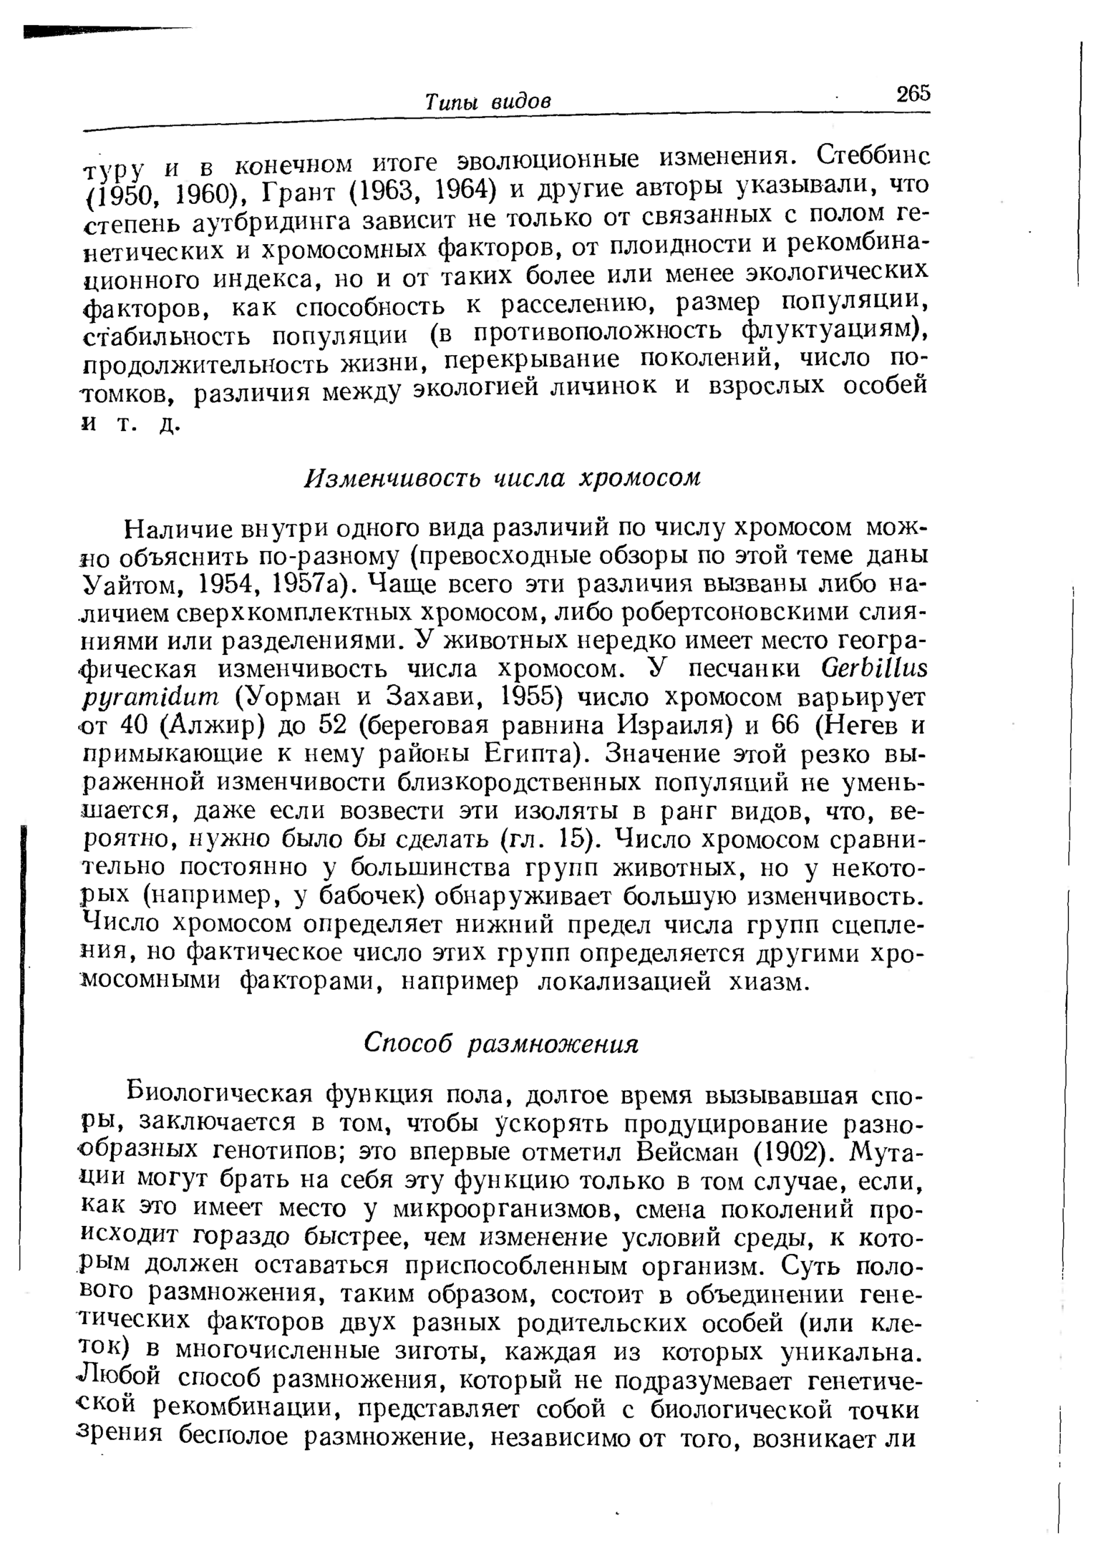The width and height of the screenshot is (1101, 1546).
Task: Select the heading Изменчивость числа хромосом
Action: coord(502,477)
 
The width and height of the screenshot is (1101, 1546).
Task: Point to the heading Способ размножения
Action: coord(500,1044)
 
